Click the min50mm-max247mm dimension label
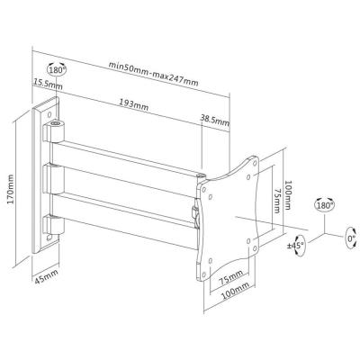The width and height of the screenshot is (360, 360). pos(153,74)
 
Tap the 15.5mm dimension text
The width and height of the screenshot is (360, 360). pos(48,85)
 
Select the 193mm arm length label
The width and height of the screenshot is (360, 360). pos(134,104)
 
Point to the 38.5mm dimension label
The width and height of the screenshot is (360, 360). pos(215,121)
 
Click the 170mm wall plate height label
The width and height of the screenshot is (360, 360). pos(11,190)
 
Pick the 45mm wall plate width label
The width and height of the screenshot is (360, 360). pos(47,277)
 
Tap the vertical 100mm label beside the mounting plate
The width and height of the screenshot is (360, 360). pos(287,195)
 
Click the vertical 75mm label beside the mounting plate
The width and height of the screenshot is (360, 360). pos(277,201)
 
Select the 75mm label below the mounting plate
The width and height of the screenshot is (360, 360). pos(230,278)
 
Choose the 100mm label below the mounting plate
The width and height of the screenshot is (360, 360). pos(236,292)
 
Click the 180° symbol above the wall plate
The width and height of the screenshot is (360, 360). pos(57,69)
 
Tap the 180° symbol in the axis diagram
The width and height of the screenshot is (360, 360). pos(325,204)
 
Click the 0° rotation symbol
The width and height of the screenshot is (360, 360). pos(351,238)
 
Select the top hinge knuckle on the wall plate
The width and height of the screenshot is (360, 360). pos(54,130)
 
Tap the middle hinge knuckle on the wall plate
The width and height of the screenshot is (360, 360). pos(53,179)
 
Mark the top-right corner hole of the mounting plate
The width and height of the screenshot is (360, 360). pos(255,163)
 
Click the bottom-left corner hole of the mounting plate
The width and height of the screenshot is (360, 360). pos(204,274)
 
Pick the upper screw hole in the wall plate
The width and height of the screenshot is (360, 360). pos(49,114)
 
